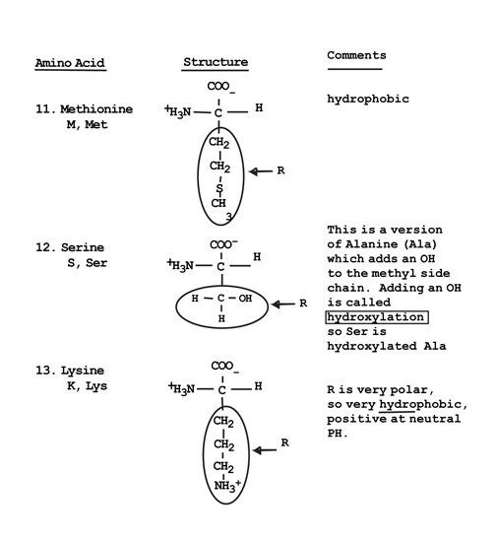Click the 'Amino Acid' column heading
[x=70, y=63]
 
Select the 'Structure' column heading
[x=216, y=62]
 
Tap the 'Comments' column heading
[x=356, y=55]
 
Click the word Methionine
[x=96, y=109]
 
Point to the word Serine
[x=83, y=247]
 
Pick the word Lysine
[x=83, y=371]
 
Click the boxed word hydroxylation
[x=377, y=317]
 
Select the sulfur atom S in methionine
[x=219, y=188]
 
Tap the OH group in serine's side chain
[x=245, y=298]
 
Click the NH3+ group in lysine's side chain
[x=227, y=486]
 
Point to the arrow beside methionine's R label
[x=261, y=171]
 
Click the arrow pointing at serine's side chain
[x=283, y=305]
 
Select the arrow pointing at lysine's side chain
[x=265, y=450]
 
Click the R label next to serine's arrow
[x=303, y=304]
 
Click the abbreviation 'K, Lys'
[x=87, y=385]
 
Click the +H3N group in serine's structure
[x=180, y=264]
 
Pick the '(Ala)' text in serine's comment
[x=420, y=244]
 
